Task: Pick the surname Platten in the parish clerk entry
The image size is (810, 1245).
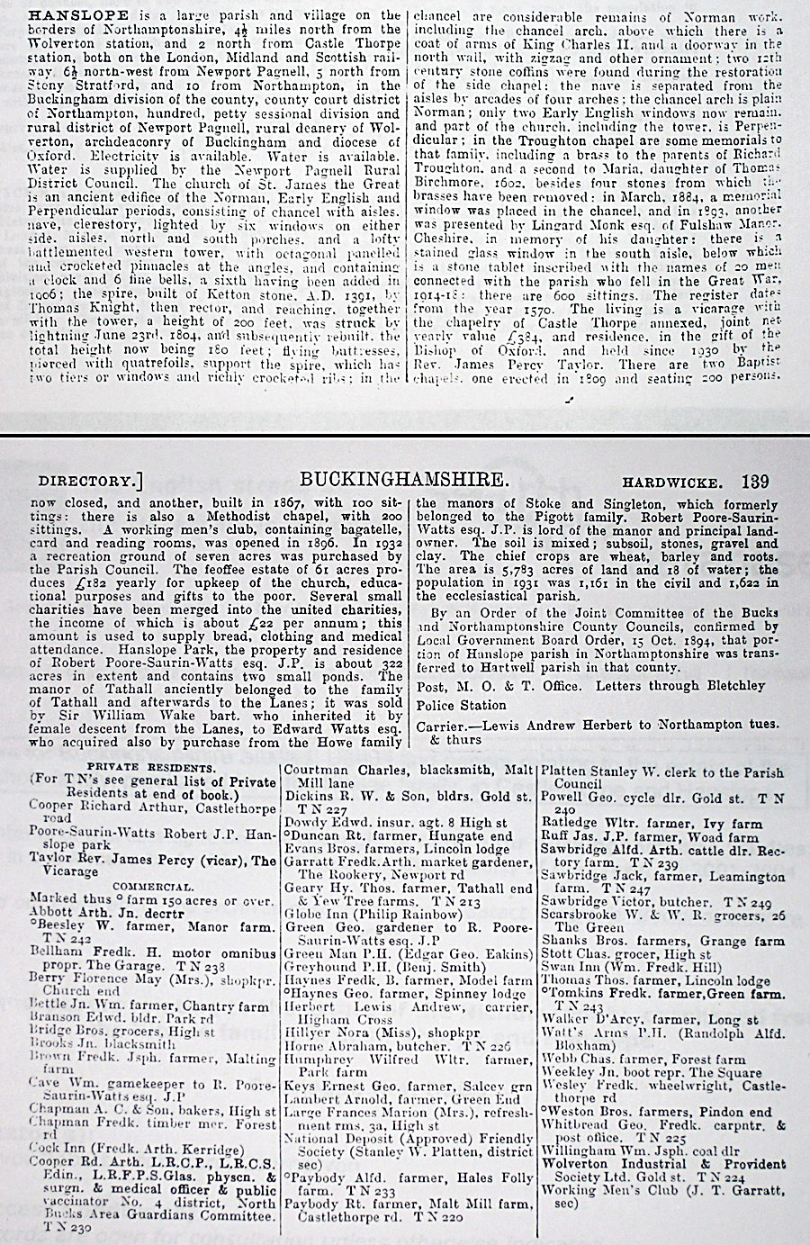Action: (x=568, y=771)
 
